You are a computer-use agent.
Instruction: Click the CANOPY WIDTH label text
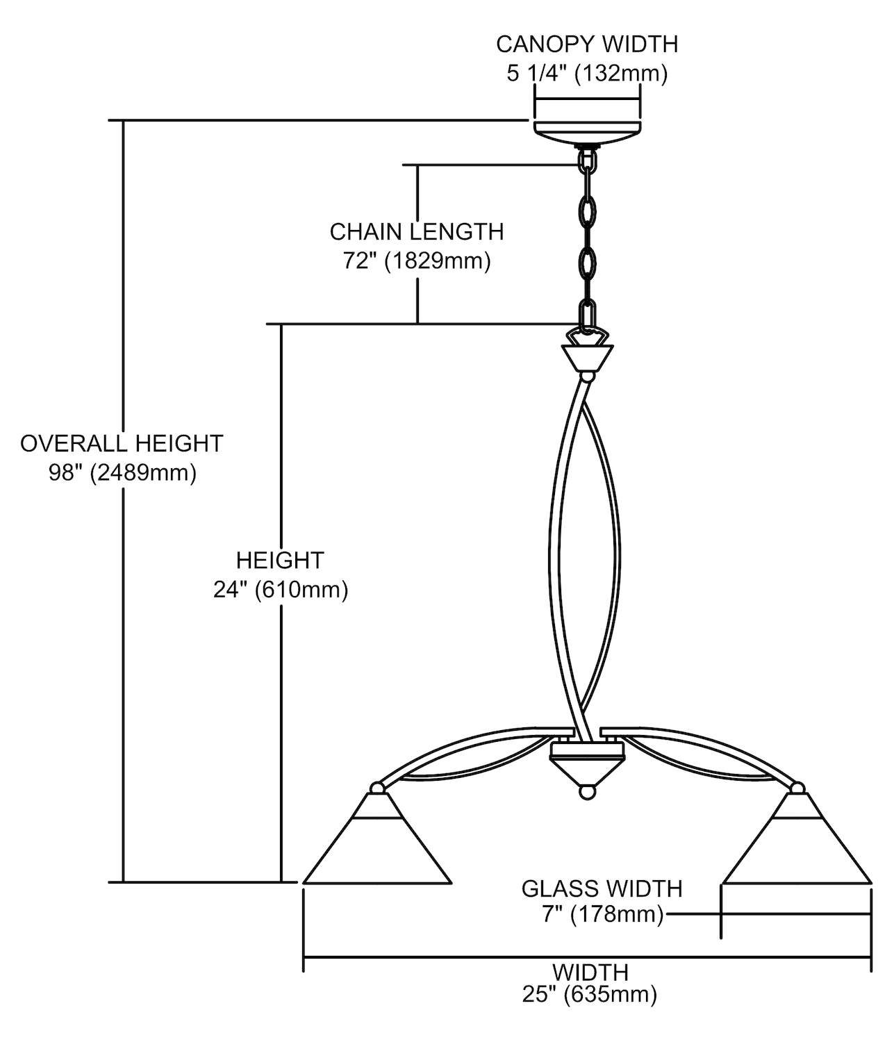pyautogui.click(x=587, y=44)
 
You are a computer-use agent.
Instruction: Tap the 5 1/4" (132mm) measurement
pyautogui.click(x=587, y=73)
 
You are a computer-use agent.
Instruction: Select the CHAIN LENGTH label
pyautogui.click(x=417, y=231)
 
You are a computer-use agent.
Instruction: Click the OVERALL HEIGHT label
pyautogui.click(x=122, y=443)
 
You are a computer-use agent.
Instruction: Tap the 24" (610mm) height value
pyautogui.click(x=281, y=590)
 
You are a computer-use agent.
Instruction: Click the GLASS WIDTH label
pyautogui.click(x=602, y=888)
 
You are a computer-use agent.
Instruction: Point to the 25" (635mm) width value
pyautogui.click(x=590, y=995)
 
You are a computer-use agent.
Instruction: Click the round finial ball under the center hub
pyautogui.click(x=588, y=793)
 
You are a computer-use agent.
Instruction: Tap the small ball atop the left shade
pyautogui.click(x=377, y=788)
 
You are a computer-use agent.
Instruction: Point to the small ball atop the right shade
pyautogui.click(x=797, y=788)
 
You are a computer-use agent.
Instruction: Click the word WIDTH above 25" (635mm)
pyautogui.click(x=590, y=972)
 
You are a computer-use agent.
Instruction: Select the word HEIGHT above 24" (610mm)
pyautogui.click(x=280, y=560)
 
